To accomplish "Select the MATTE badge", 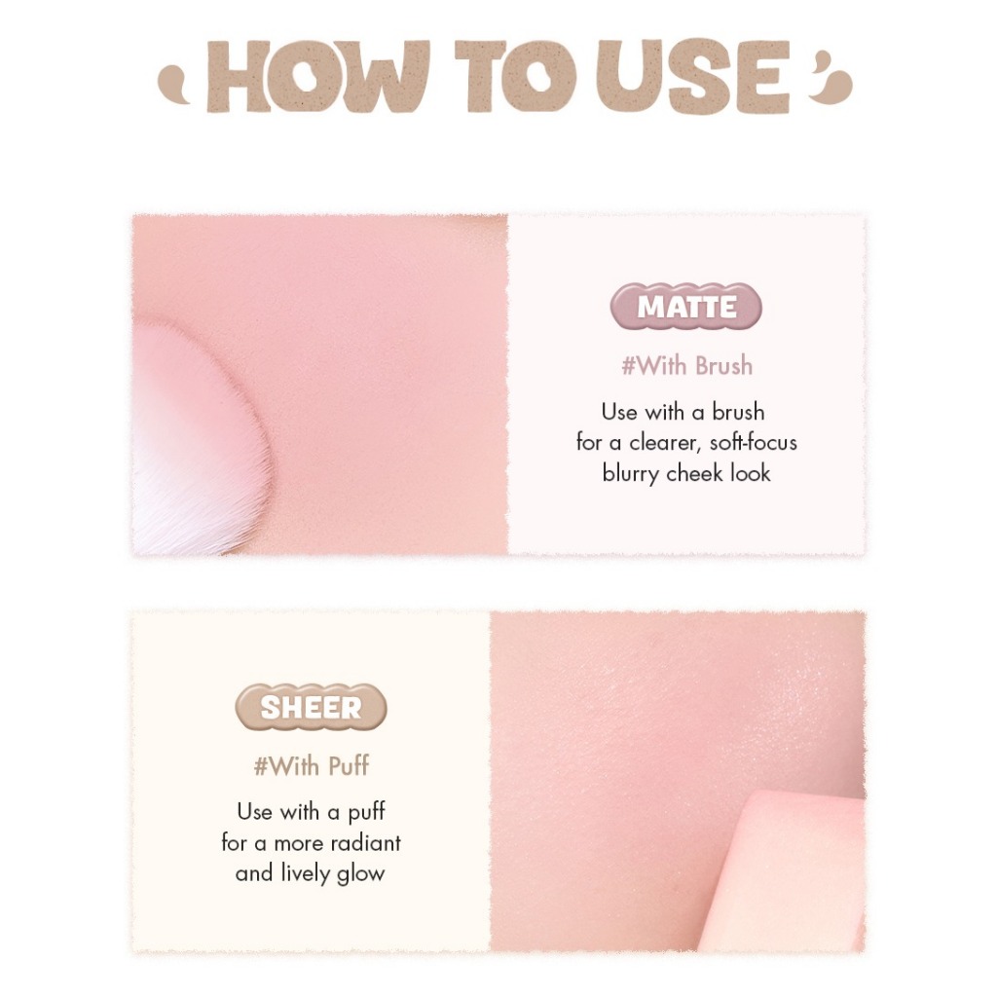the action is click(x=686, y=307).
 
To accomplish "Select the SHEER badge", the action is click(x=311, y=707).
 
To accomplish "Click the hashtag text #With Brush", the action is click(x=686, y=366).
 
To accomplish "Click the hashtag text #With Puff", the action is click(x=311, y=766).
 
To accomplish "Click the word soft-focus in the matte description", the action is click(x=753, y=443).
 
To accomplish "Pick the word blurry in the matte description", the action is click(x=630, y=474).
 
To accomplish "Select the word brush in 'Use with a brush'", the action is click(x=738, y=412).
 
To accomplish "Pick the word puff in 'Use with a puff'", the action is click(x=366, y=813).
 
